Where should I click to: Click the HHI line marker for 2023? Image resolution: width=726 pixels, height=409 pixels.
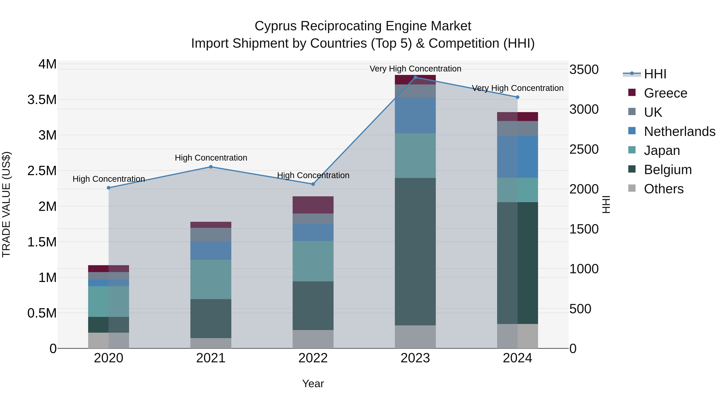point(415,77)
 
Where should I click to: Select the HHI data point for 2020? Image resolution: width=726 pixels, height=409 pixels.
point(108,188)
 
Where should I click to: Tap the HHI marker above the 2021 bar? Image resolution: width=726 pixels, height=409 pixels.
point(211,167)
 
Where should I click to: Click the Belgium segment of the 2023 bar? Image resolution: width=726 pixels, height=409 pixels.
point(415,251)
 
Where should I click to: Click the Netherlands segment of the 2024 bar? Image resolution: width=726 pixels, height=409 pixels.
point(517,157)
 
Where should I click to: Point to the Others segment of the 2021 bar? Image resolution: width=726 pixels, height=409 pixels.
point(211,343)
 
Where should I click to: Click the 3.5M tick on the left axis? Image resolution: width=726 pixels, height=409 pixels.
point(42,100)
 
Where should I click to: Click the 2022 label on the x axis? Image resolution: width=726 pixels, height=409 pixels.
point(313,358)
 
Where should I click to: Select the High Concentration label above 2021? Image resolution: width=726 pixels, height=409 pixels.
point(211,158)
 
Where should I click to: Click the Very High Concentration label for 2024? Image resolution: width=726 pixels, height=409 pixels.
point(517,88)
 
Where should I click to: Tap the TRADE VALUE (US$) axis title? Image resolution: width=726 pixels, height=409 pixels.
point(6,204)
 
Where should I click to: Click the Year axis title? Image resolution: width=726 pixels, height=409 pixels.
point(313,384)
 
